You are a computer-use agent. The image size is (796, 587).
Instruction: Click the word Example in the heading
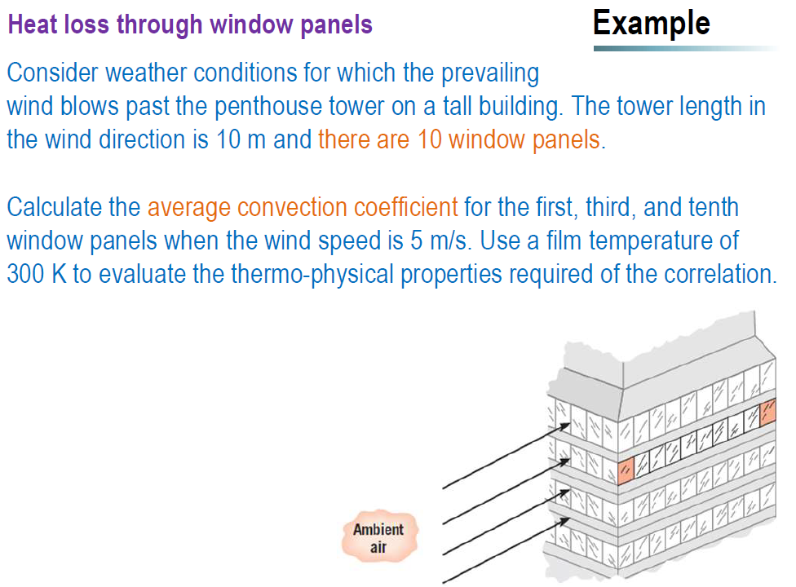coord(651,23)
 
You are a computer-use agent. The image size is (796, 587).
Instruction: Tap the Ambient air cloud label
coord(378,538)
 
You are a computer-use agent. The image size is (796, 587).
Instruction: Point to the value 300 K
coord(36,274)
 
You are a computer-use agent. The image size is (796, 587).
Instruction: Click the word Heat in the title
coord(33,24)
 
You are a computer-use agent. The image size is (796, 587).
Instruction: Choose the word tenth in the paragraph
coord(713,207)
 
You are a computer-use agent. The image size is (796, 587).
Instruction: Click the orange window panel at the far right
coord(767,413)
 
